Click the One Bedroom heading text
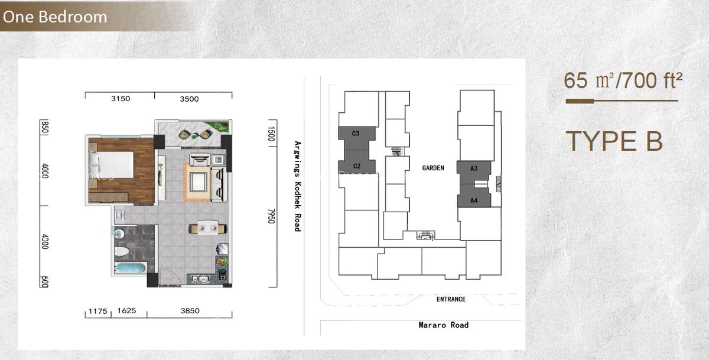[x=55, y=17]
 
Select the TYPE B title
[x=614, y=141]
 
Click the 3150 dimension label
[x=121, y=99]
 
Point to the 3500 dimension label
[x=189, y=99]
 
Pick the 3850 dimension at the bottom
[x=190, y=311]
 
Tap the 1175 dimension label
[x=97, y=311]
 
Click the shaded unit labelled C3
[x=356, y=134]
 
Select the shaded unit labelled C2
[x=356, y=166]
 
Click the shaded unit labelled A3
[x=474, y=169]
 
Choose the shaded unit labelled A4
[x=473, y=200]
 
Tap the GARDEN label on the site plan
[x=433, y=168]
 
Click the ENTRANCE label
[x=451, y=299]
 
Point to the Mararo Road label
[x=443, y=325]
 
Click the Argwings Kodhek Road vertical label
[x=297, y=186]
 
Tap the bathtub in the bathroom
[x=130, y=269]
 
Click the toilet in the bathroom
[x=123, y=251]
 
